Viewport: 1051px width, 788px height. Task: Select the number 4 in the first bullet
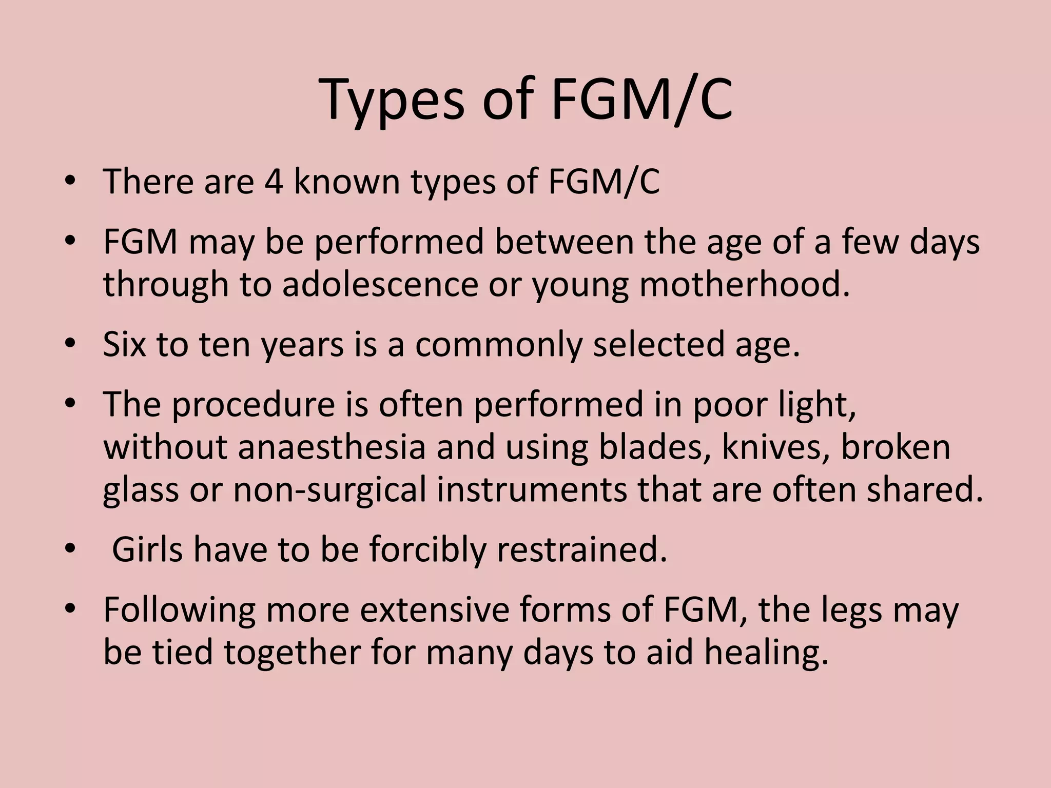click(x=274, y=182)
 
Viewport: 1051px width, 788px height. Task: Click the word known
click(x=346, y=182)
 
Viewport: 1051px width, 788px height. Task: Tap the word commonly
click(x=498, y=345)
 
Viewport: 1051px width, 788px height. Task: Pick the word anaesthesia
click(x=332, y=447)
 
